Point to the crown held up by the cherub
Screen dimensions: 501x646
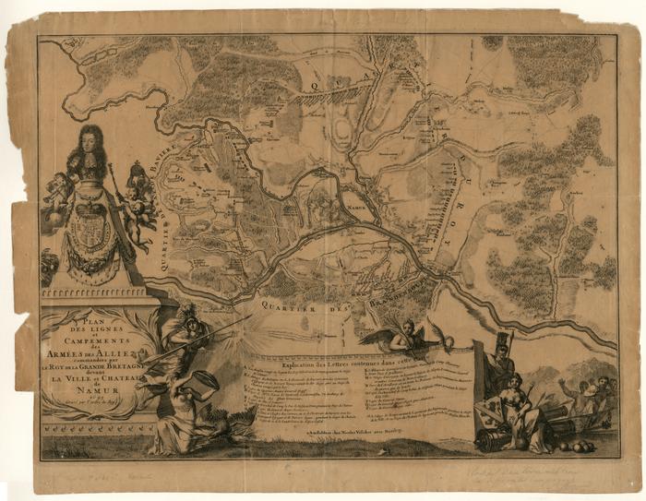(138, 173)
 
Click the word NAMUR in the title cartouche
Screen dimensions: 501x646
(92, 390)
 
